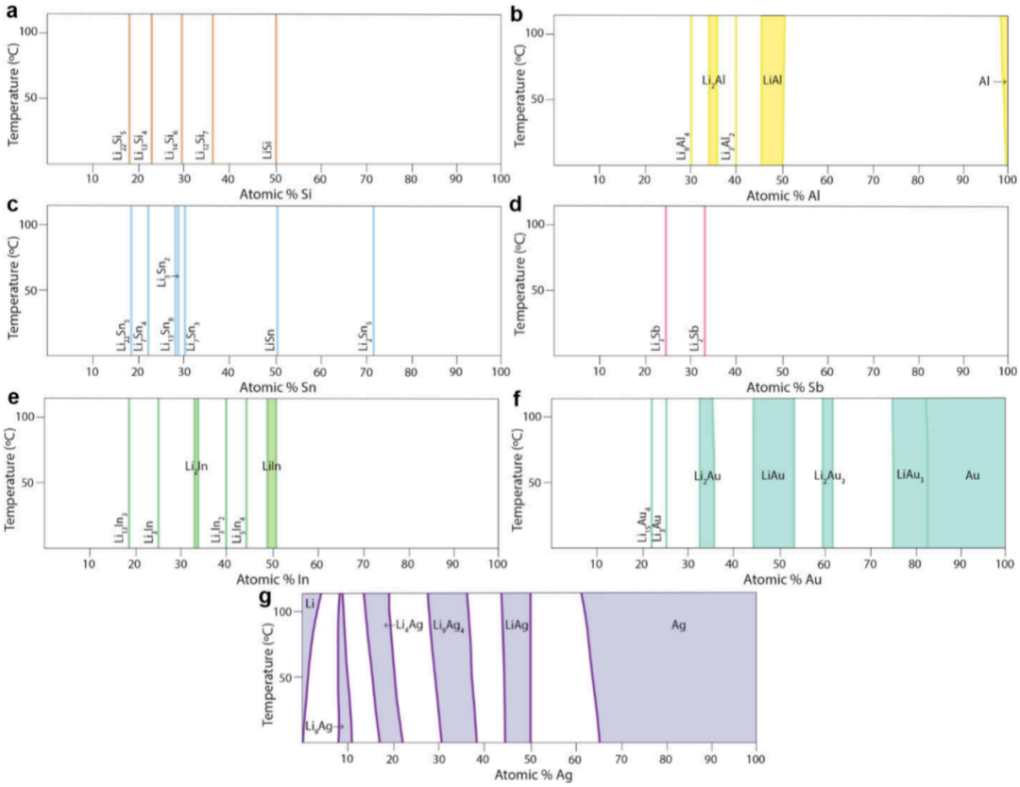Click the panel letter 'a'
[10, 10]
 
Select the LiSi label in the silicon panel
[268, 149]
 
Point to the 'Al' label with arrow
[985, 82]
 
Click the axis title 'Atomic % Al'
[782, 197]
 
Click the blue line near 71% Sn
[373, 274]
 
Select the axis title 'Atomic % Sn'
[275, 386]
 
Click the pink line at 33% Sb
[705, 274]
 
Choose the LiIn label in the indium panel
[271, 466]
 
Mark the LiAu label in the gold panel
[773, 475]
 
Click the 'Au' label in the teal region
[972, 475]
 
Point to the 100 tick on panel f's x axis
[1005, 565]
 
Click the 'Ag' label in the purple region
[678, 625]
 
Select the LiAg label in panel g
[516, 625]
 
